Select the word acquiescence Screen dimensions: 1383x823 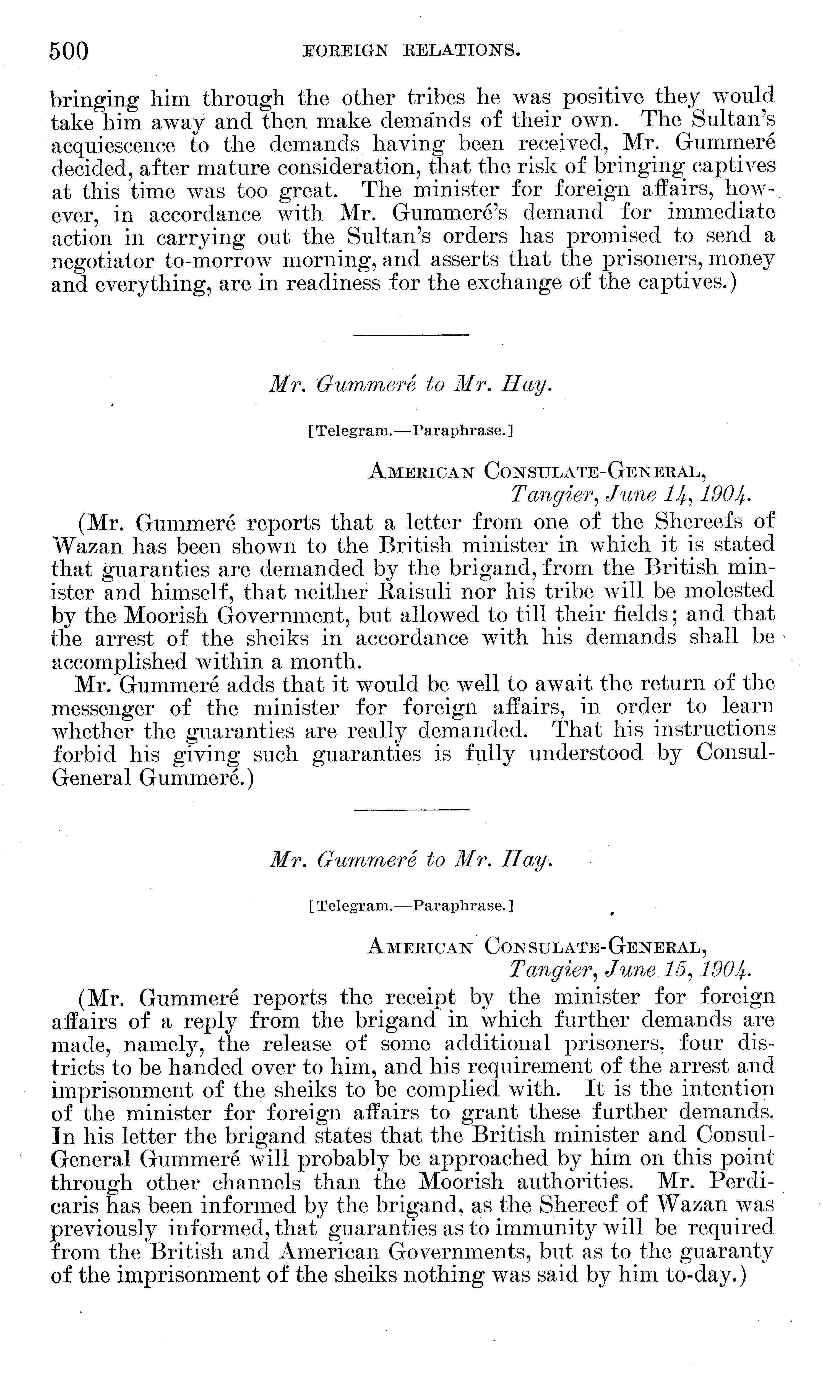pyautogui.click(x=113, y=145)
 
